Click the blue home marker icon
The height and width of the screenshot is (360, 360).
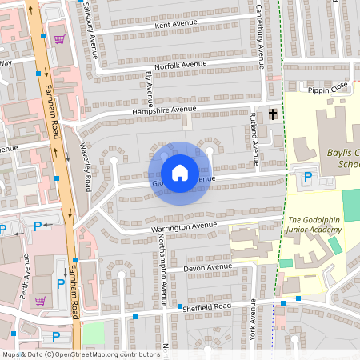coord(180,173)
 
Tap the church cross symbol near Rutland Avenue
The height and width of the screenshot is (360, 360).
coord(273,114)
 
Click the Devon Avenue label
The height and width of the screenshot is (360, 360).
coord(208,266)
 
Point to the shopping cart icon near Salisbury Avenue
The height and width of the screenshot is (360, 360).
coord(59,38)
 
